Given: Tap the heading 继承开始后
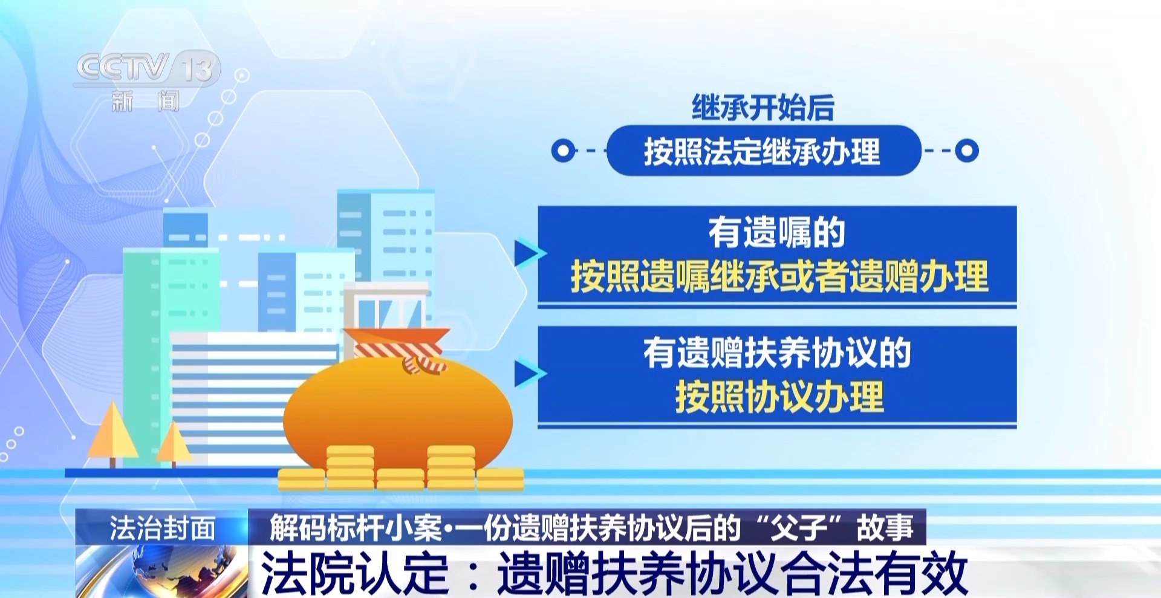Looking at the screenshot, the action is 763,108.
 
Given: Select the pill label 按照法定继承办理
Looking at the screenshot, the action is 763,151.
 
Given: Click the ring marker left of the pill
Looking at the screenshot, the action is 564,151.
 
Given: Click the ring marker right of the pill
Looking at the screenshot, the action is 966,151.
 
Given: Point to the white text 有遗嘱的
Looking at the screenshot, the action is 777,232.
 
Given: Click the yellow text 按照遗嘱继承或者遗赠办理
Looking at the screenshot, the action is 779,276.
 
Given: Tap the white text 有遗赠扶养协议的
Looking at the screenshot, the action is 777,353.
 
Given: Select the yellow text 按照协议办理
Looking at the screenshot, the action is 779,397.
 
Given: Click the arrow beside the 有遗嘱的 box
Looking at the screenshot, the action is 528,253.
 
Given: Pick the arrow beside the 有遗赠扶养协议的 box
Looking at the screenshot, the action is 528,374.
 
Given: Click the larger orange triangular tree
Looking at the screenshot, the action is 112,432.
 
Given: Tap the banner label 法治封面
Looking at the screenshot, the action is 162,528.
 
